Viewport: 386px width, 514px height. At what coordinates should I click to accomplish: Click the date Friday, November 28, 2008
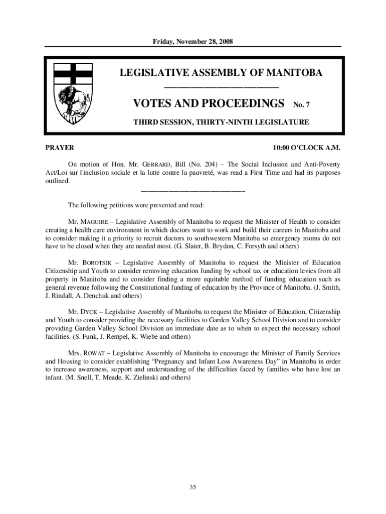point(192,41)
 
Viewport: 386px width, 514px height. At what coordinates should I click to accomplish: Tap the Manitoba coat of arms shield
point(72,93)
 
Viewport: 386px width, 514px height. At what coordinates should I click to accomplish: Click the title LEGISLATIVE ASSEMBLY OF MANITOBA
point(221,73)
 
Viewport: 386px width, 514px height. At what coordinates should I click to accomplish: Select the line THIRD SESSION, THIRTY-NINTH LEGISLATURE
point(221,122)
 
